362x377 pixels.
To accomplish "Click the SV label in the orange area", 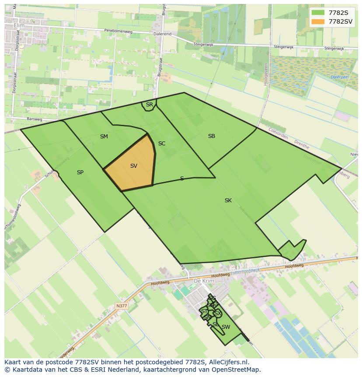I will [x=134, y=166].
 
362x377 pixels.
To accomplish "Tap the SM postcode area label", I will [x=104, y=137].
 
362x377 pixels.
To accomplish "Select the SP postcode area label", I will [x=80, y=173].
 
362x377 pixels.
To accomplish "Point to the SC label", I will [x=162, y=144].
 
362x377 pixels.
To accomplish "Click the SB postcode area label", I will [x=212, y=136].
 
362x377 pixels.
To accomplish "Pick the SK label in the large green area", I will [x=228, y=201].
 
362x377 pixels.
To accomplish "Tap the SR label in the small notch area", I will [x=150, y=105].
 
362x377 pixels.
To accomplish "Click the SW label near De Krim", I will [x=226, y=327].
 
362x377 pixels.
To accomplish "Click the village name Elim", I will [x=19, y=26].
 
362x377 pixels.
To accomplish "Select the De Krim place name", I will [x=203, y=281].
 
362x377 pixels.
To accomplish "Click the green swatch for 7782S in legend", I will [x=318, y=13].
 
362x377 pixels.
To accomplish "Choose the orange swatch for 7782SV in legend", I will [x=318, y=21].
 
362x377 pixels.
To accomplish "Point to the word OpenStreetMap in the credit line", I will [x=236, y=370].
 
